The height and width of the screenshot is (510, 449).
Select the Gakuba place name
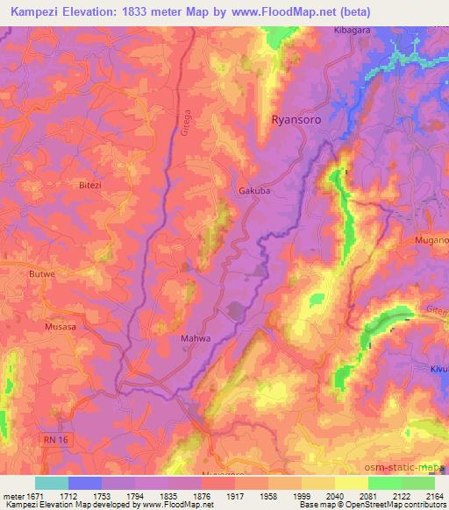pyautogui.click(x=254, y=190)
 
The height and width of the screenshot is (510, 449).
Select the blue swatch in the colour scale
pyautogui.click(x=85, y=483)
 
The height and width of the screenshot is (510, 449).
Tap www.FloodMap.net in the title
pyautogui.click(x=282, y=11)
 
